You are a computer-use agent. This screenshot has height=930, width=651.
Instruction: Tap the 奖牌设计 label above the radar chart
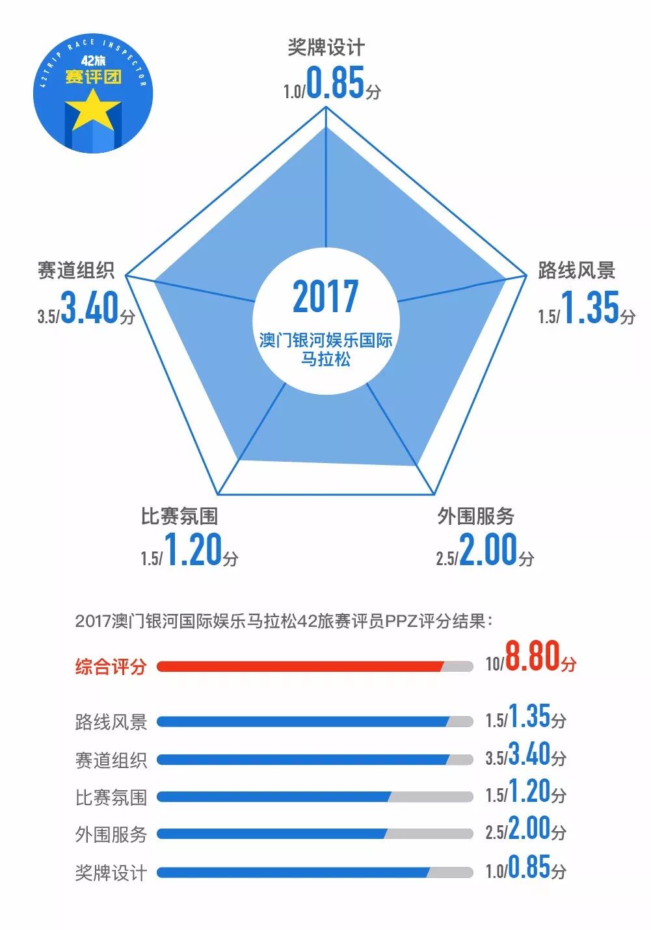point(326,47)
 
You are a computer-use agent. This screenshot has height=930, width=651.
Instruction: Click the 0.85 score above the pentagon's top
point(335,83)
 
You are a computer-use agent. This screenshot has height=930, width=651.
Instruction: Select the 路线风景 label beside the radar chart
point(576,270)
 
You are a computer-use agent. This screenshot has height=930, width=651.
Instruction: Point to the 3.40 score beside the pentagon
point(90,308)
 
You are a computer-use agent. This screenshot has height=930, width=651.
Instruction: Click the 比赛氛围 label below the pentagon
point(179,516)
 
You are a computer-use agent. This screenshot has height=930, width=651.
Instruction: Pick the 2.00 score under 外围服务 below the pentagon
point(488,550)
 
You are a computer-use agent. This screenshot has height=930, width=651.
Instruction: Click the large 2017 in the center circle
point(325,297)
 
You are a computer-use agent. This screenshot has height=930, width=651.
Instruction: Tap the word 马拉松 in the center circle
point(325,358)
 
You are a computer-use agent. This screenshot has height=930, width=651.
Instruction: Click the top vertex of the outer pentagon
point(325,107)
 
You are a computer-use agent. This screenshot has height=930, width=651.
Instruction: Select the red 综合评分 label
point(111,667)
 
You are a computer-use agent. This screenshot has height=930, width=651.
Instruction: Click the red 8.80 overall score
point(532,656)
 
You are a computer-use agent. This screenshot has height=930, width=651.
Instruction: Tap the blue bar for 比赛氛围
point(274,797)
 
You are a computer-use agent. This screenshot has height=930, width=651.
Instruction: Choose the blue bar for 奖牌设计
point(293,872)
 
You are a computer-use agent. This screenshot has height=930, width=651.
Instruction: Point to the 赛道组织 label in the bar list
point(111,760)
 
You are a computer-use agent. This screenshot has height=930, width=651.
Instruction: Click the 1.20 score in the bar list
point(529,791)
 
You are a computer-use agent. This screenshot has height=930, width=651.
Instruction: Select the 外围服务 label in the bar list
point(111,834)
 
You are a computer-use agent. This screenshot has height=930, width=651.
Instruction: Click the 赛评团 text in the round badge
point(93,77)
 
